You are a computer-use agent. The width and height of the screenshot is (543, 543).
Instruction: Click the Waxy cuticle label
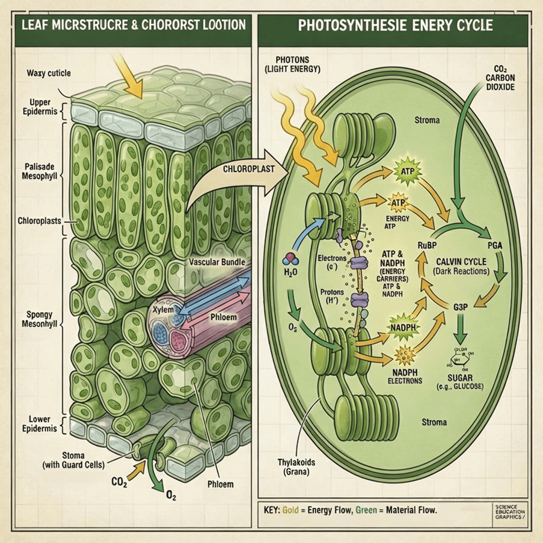tap(48, 73)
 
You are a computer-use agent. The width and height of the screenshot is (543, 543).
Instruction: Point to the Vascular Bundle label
tap(217, 262)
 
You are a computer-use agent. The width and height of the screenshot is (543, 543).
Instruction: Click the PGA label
tap(495, 245)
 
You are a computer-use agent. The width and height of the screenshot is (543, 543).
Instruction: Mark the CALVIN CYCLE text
tap(461, 262)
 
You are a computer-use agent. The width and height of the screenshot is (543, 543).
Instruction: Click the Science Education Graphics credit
tap(509, 512)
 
